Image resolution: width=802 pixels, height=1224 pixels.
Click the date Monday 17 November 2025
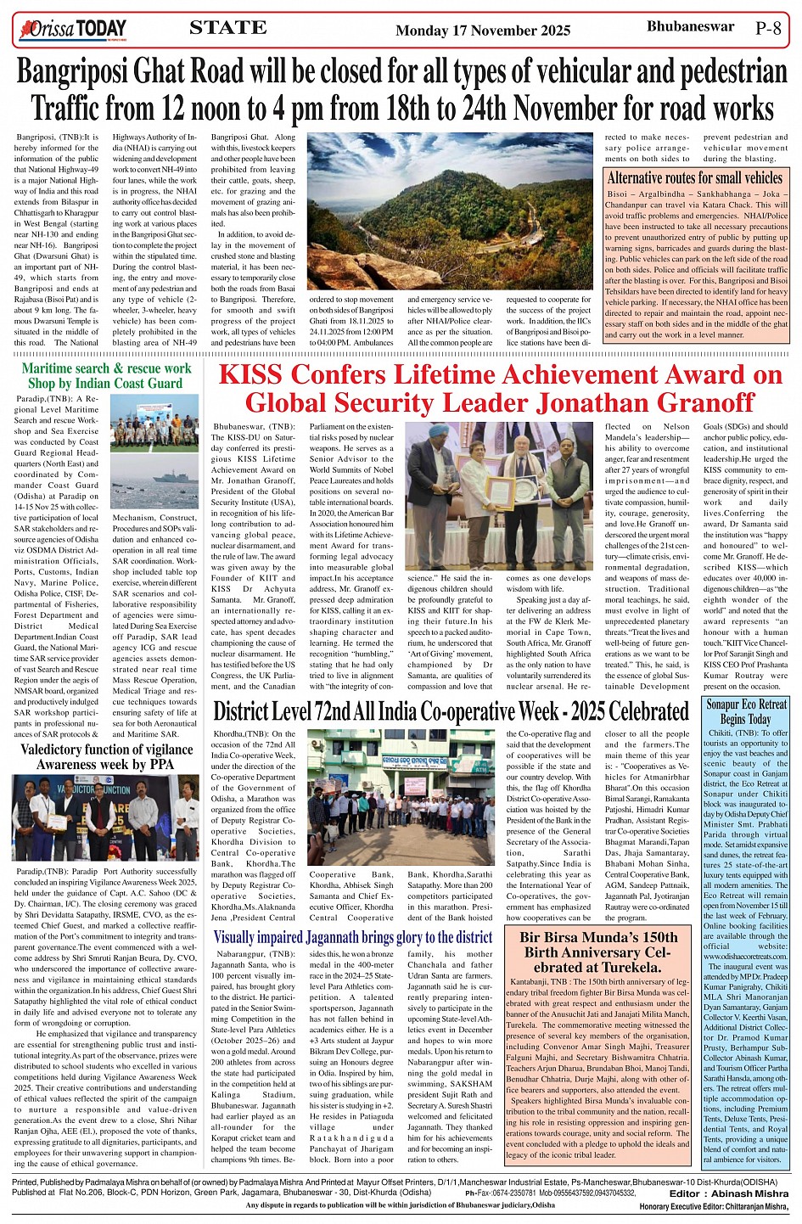click(x=483, y=31)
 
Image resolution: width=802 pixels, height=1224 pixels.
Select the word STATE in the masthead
click(x=227, y=28)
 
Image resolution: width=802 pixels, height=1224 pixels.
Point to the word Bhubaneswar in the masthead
click(x=690, y=26)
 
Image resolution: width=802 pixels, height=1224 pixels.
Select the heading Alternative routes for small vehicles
click(x=694, y=178)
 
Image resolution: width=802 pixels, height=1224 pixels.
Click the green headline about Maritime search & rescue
click(x=106, y=376)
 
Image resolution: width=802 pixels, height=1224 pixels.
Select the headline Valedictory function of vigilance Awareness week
click(x=106, y=756)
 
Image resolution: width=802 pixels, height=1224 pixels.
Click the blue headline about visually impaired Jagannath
click(x=352, y=937)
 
